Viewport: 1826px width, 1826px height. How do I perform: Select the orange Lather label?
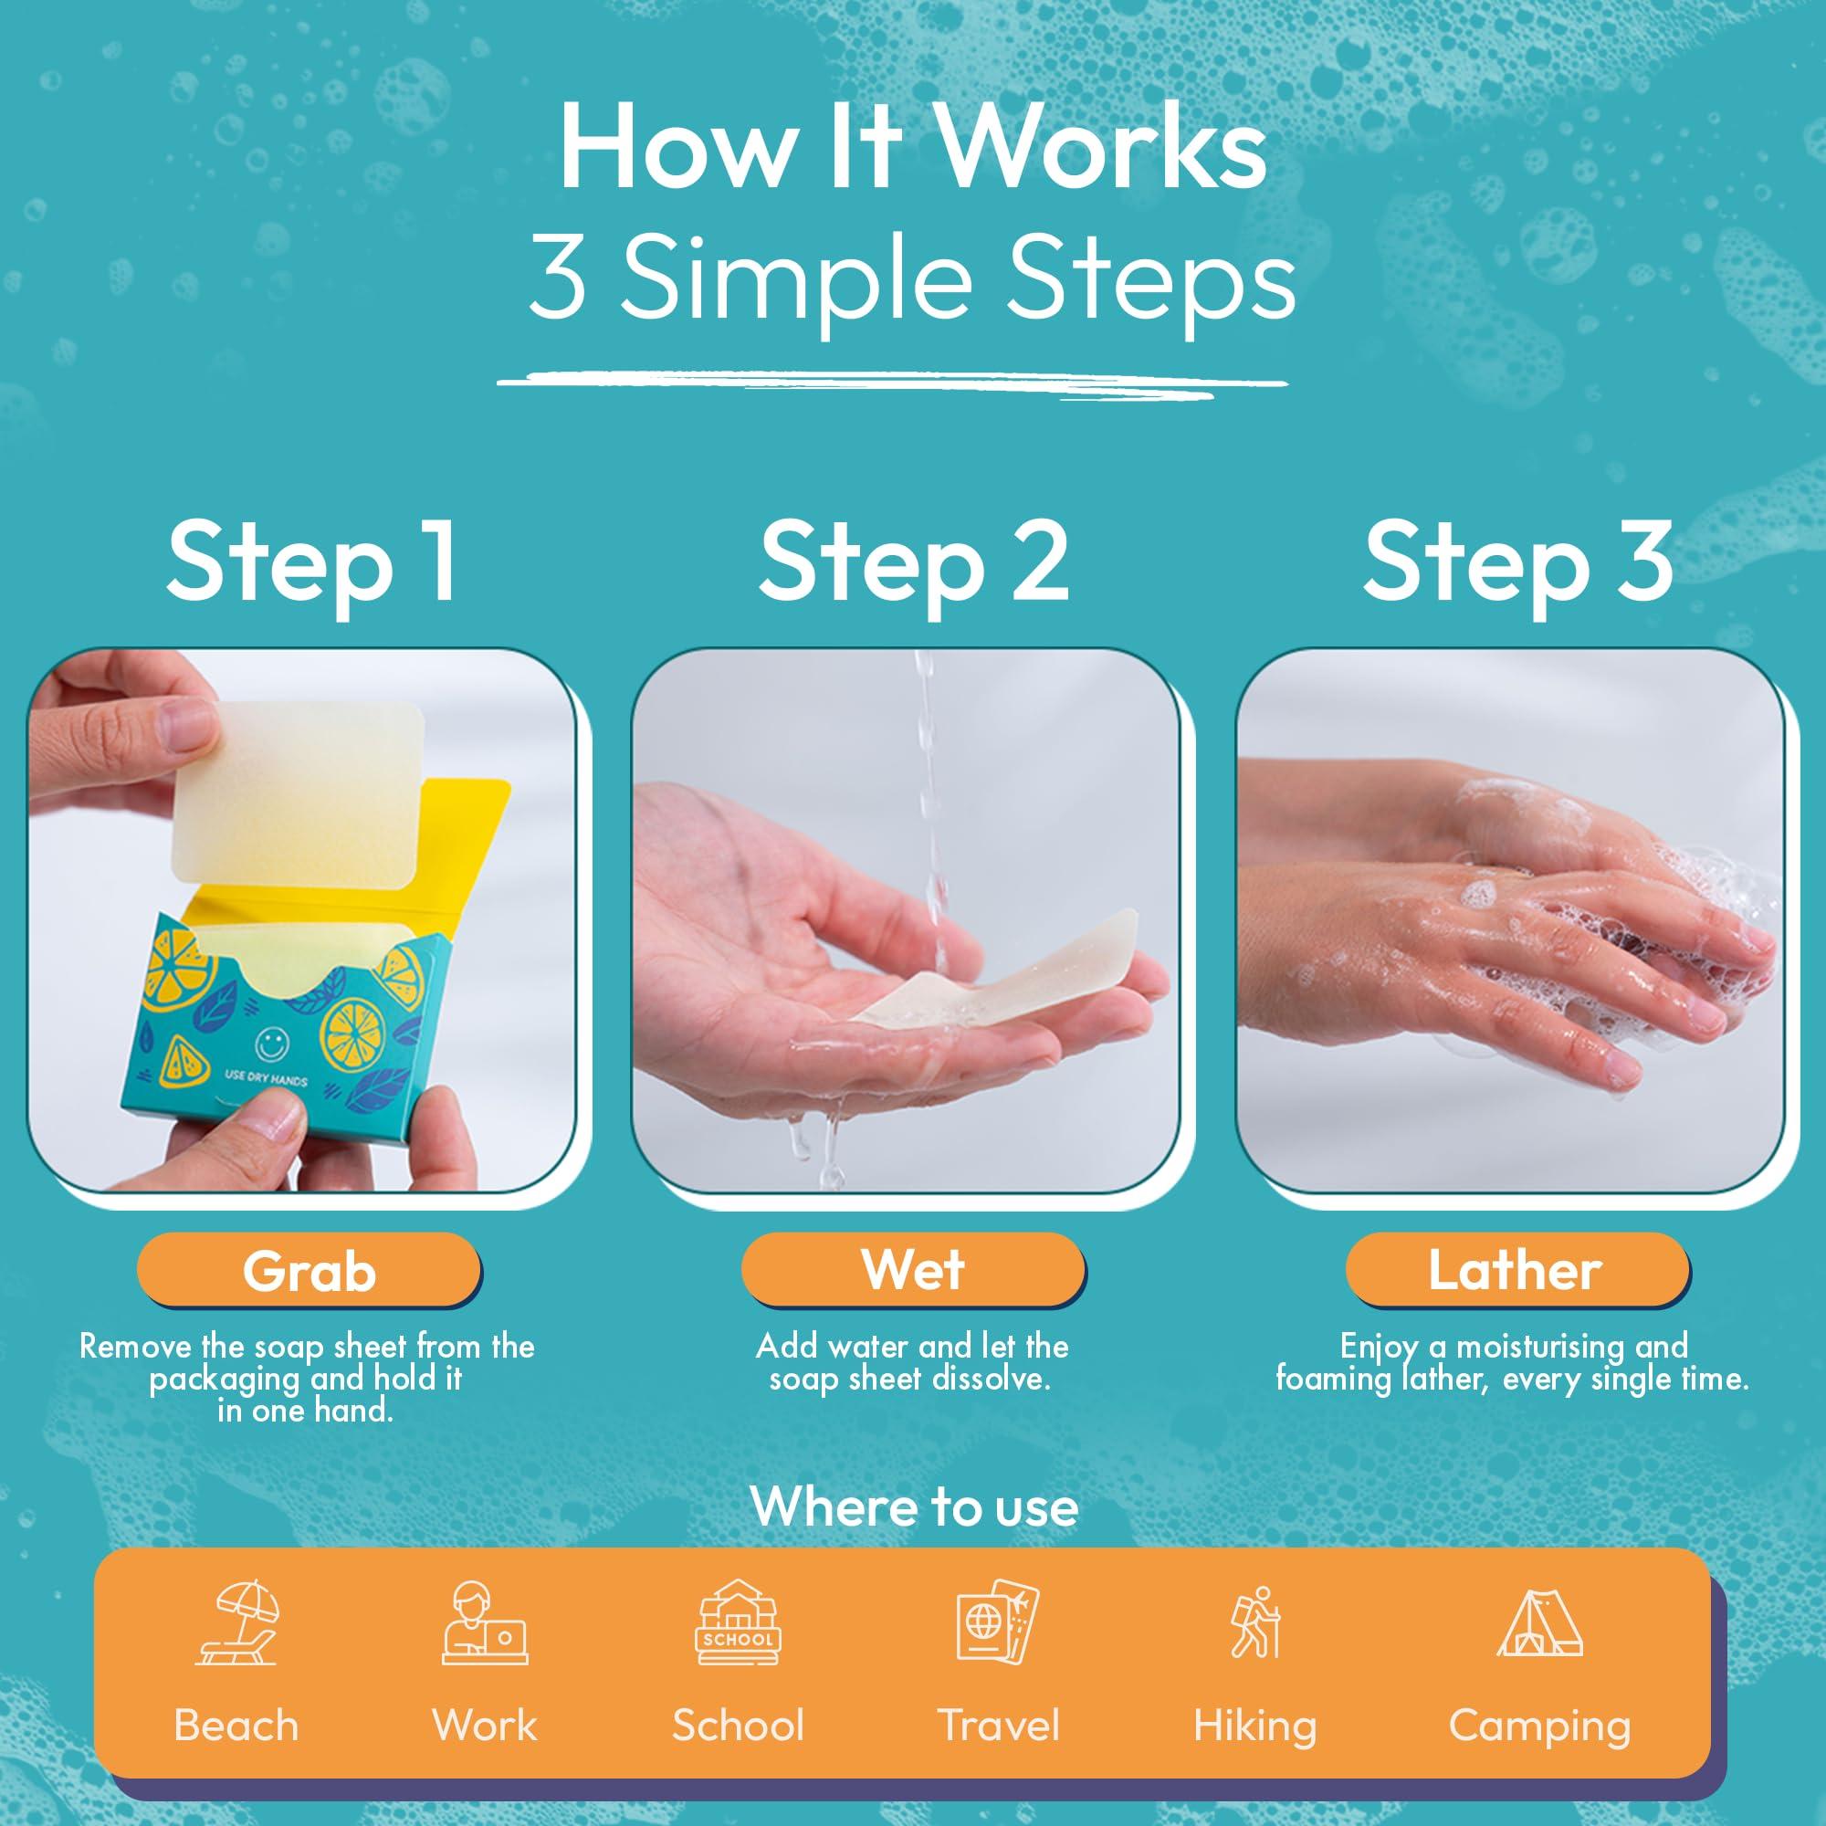point(1515,1269)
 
